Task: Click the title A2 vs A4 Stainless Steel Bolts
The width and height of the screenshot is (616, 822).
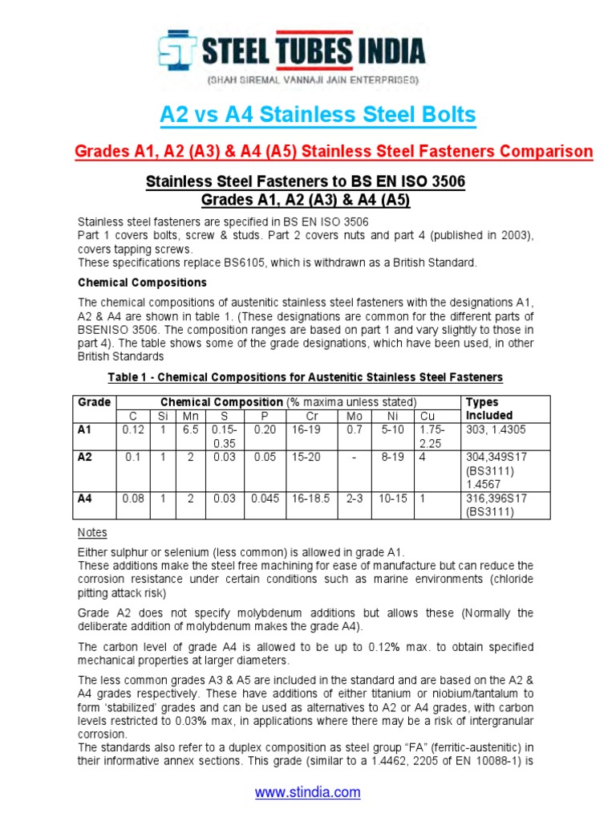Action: (318, 115)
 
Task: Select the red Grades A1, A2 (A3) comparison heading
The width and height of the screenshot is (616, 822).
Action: (334, 151)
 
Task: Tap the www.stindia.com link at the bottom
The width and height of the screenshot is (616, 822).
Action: (308, 792)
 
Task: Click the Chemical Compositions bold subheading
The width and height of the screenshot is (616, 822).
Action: (142, 283)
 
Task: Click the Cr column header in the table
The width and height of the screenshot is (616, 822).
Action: (312, 416)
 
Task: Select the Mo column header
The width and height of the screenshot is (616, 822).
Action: (354, 416)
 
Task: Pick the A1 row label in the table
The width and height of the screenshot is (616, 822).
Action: (85, 429)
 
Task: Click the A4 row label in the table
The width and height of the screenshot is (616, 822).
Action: (85, 498)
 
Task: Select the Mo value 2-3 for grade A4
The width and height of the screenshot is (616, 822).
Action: (354, 498)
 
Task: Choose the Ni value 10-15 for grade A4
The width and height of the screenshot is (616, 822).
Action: (393, 498)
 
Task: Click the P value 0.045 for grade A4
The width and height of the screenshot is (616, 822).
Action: (265, 498)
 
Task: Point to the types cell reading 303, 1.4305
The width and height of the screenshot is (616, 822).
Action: (496, 429)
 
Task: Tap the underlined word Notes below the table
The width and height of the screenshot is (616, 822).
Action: (92, 533)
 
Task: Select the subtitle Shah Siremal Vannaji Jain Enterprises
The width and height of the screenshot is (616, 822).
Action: (313, 81)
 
